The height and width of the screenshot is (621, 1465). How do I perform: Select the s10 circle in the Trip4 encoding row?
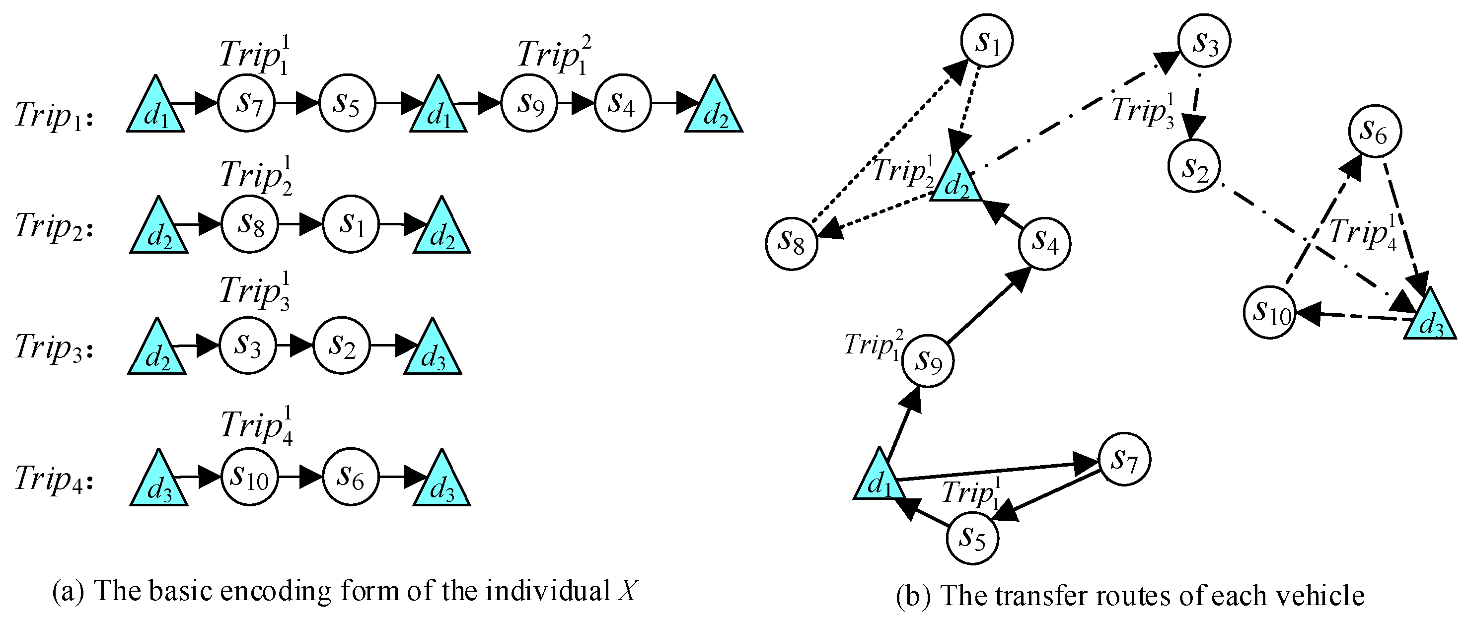[x=249, y=477]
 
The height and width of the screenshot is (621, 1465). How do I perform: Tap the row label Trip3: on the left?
[x=54, y=347]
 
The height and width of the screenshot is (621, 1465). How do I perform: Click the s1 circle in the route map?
[x=987, y=41]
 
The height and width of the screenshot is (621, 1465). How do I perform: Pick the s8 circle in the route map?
[x=791, y=244]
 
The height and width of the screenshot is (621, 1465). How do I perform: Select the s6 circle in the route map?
[x=1374, y=132]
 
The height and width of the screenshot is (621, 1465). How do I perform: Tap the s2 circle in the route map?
[x=1194, y=166]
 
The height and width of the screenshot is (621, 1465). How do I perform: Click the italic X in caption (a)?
[x=628, y=591]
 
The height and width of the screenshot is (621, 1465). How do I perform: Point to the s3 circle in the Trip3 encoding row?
[x=248, y=345]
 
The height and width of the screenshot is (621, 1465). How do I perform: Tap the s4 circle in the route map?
[x=1044, y=243]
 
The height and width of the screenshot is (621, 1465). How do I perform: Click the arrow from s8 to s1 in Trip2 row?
[x=300, y=224]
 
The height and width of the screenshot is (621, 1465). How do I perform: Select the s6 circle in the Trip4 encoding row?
[x=350, y=476]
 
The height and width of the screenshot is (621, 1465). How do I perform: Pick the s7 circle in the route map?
[x=1124, y=459]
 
